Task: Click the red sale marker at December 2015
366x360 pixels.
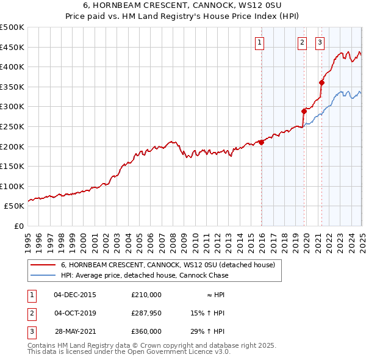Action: pos(261,142)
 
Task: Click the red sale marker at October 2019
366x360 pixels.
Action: pos(304,111)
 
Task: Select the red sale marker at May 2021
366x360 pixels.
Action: pos(321,82)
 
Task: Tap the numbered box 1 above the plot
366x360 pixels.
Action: pos(260,42)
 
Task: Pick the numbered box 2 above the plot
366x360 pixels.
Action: pos(302,42)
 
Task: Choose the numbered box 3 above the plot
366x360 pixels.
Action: pos(320,42)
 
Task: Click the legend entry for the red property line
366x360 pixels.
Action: pos(168,265)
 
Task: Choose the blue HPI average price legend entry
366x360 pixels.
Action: pos(145,275)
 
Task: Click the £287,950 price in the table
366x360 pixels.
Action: pos(146,313)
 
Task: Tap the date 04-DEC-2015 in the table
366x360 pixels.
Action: pos(75,295)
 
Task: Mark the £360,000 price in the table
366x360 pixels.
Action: pos(146,331)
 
